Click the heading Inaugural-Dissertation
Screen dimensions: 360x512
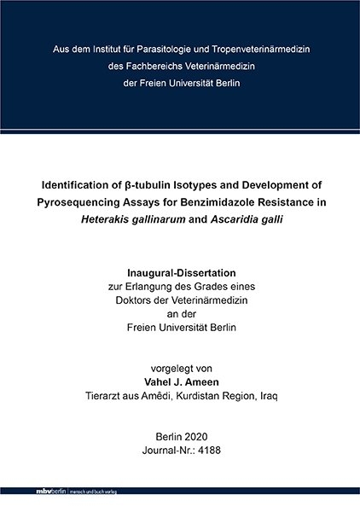180,273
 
